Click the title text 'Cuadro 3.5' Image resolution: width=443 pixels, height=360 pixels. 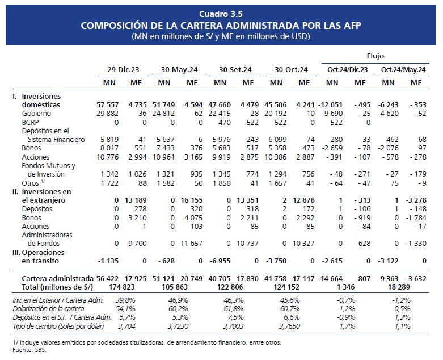point(221,14)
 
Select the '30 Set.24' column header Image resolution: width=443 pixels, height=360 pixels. point(235,70)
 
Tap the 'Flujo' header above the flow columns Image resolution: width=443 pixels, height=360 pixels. point(375,56)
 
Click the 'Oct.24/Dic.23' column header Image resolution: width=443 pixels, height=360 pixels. point(347,70)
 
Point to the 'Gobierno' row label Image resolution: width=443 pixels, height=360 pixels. point(36,114)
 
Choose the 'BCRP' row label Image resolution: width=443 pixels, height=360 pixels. point(30,123)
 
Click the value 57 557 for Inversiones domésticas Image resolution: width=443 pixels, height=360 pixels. point(108,105)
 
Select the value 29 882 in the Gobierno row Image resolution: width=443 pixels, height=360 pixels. point(108,114)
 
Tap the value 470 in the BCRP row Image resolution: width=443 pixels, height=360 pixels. point(224,123)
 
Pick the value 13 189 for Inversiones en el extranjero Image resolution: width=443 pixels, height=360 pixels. point(136,200)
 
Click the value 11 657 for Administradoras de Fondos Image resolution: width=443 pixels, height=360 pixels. point(192,243)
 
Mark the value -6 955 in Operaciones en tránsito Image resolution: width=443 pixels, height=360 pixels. point(220,261)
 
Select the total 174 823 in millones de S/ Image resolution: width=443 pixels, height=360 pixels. point(122,287)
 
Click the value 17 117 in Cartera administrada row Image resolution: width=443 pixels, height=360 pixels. point(303,279)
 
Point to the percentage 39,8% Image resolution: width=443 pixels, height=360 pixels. point(125,300)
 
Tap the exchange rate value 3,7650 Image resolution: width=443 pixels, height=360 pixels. point(290,326)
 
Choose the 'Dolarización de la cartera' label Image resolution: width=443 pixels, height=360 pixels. point(48,309)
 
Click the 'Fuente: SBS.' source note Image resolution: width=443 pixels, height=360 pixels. point(29,350)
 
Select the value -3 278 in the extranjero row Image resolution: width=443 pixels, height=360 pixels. point(416,200)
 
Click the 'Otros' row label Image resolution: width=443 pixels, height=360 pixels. point(30,183)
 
